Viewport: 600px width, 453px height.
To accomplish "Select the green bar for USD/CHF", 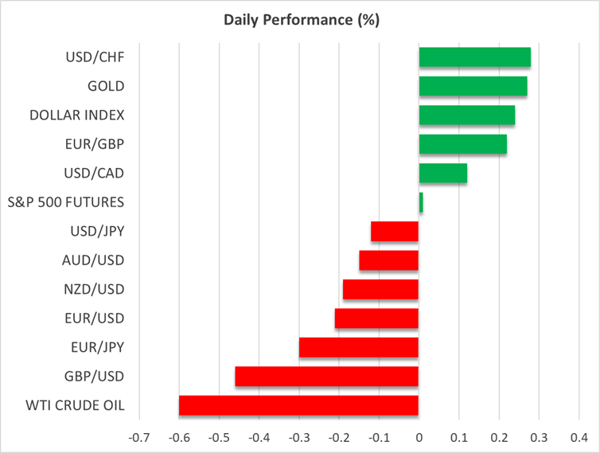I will tap(474, 57).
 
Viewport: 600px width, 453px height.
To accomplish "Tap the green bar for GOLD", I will tap(473, 86).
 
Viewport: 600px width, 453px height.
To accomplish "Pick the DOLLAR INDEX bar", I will tap(466, 115).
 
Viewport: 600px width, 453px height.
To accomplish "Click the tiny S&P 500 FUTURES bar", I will tap(421, 203).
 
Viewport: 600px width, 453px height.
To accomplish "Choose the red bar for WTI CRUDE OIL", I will tap(298, 405).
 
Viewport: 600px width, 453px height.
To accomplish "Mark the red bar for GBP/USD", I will tap(327, 377).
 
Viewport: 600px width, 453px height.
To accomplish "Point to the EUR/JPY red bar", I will tap(359, 347).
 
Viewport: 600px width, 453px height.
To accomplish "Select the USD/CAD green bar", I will tap(442, 174).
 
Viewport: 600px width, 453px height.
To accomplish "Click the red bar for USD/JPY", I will tap(395, 232).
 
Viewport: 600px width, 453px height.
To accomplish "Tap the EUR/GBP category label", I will tap(95, 144).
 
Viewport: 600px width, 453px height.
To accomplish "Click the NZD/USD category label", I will tap(93, 289).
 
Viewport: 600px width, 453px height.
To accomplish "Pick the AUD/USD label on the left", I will tap(93, 260).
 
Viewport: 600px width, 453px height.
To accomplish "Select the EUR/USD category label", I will tap(94, 318).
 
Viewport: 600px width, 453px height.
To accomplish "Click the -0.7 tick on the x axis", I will tap(138, 437).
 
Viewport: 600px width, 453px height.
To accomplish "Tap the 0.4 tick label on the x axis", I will tap(579, 437).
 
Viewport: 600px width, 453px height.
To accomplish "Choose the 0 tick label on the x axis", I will tap(419, 437).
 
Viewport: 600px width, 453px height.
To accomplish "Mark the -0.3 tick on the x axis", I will tap(298, 437).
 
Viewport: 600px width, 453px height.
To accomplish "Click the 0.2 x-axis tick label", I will tap(499, 437).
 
